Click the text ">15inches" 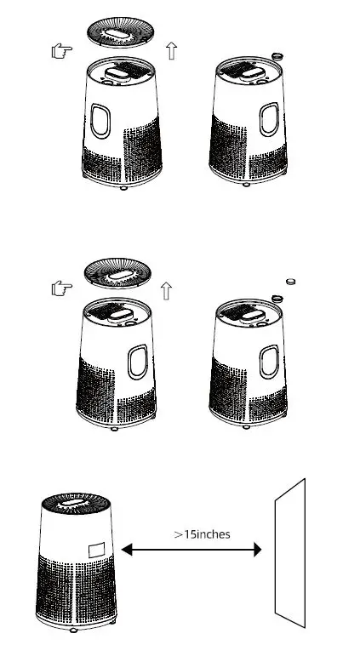tap(202, 534)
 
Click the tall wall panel tap(289, 553)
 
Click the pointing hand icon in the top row tap(61, 52)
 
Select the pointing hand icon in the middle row tap(61, 288)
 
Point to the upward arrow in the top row tap(172, 51)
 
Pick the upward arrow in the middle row tap(166, 290)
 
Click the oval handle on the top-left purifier tap(101, 121)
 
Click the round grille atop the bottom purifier tap(76, 502)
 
